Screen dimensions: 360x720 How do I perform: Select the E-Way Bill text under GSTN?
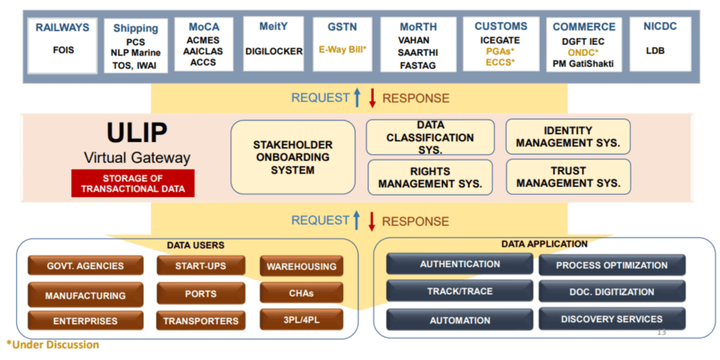tap(342, 50)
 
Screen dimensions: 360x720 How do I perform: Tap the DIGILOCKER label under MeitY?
tap(274, 51)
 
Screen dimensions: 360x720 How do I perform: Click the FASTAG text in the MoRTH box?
tap(418, 65)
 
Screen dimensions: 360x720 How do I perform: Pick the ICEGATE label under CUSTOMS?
tap(501, 41)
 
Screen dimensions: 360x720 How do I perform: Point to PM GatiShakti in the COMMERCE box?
tap(584, 64)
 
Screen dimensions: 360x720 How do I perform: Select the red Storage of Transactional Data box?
tap(132, 183)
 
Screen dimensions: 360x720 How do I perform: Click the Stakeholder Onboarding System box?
tap(292, 157)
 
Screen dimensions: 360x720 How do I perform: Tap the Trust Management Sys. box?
tap(568, 176)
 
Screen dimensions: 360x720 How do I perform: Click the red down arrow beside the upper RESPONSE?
tap(373, 98)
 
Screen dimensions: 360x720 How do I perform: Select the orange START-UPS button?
tap(200, 266)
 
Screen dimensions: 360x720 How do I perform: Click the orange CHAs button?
tap(301, 292)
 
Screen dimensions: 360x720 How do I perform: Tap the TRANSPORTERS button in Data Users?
tap(200, 321)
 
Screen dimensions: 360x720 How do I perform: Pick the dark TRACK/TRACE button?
tap(460, 291)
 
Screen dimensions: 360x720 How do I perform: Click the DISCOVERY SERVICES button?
tap(611, 319)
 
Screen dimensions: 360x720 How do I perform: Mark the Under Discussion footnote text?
tap(53, 345)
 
